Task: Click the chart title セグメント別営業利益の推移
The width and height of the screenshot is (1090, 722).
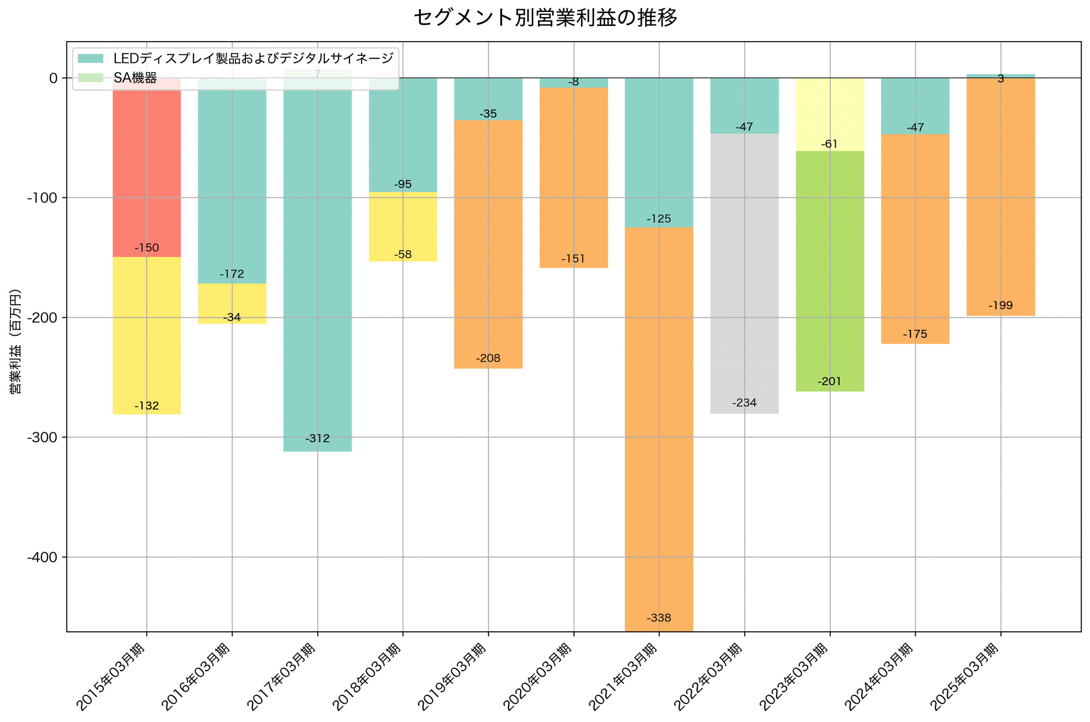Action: [x=545, y=18]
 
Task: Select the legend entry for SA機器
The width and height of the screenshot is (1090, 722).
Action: [x=135, y=78]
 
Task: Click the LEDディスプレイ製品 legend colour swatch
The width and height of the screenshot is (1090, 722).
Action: [x=90, y=58]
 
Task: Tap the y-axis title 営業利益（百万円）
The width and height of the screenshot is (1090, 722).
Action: [x=15, y=341]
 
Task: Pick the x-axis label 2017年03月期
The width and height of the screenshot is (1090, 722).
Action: [x=281, y=677]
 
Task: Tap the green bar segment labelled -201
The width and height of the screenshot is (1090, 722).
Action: [x=829, y=272]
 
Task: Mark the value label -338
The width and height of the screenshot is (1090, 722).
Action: [x=659, y=618]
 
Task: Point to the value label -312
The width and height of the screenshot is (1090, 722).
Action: [x=317, y=438]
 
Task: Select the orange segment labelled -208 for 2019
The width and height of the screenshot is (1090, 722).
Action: [x=488, y=244]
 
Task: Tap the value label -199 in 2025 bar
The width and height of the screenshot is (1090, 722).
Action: [x=1000, y=305]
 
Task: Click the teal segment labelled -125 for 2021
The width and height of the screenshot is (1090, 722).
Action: [x=659, y=152]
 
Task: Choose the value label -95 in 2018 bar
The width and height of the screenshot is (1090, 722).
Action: [x=403, y=184]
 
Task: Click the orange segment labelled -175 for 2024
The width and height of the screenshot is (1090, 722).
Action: [x=915, y=240]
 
